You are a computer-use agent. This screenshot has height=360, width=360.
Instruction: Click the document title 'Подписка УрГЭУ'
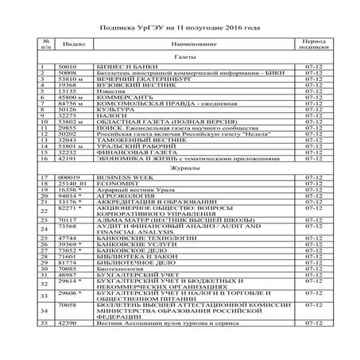tap(179, 25)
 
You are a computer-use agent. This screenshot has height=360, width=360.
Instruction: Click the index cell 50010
tap(68, 67)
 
